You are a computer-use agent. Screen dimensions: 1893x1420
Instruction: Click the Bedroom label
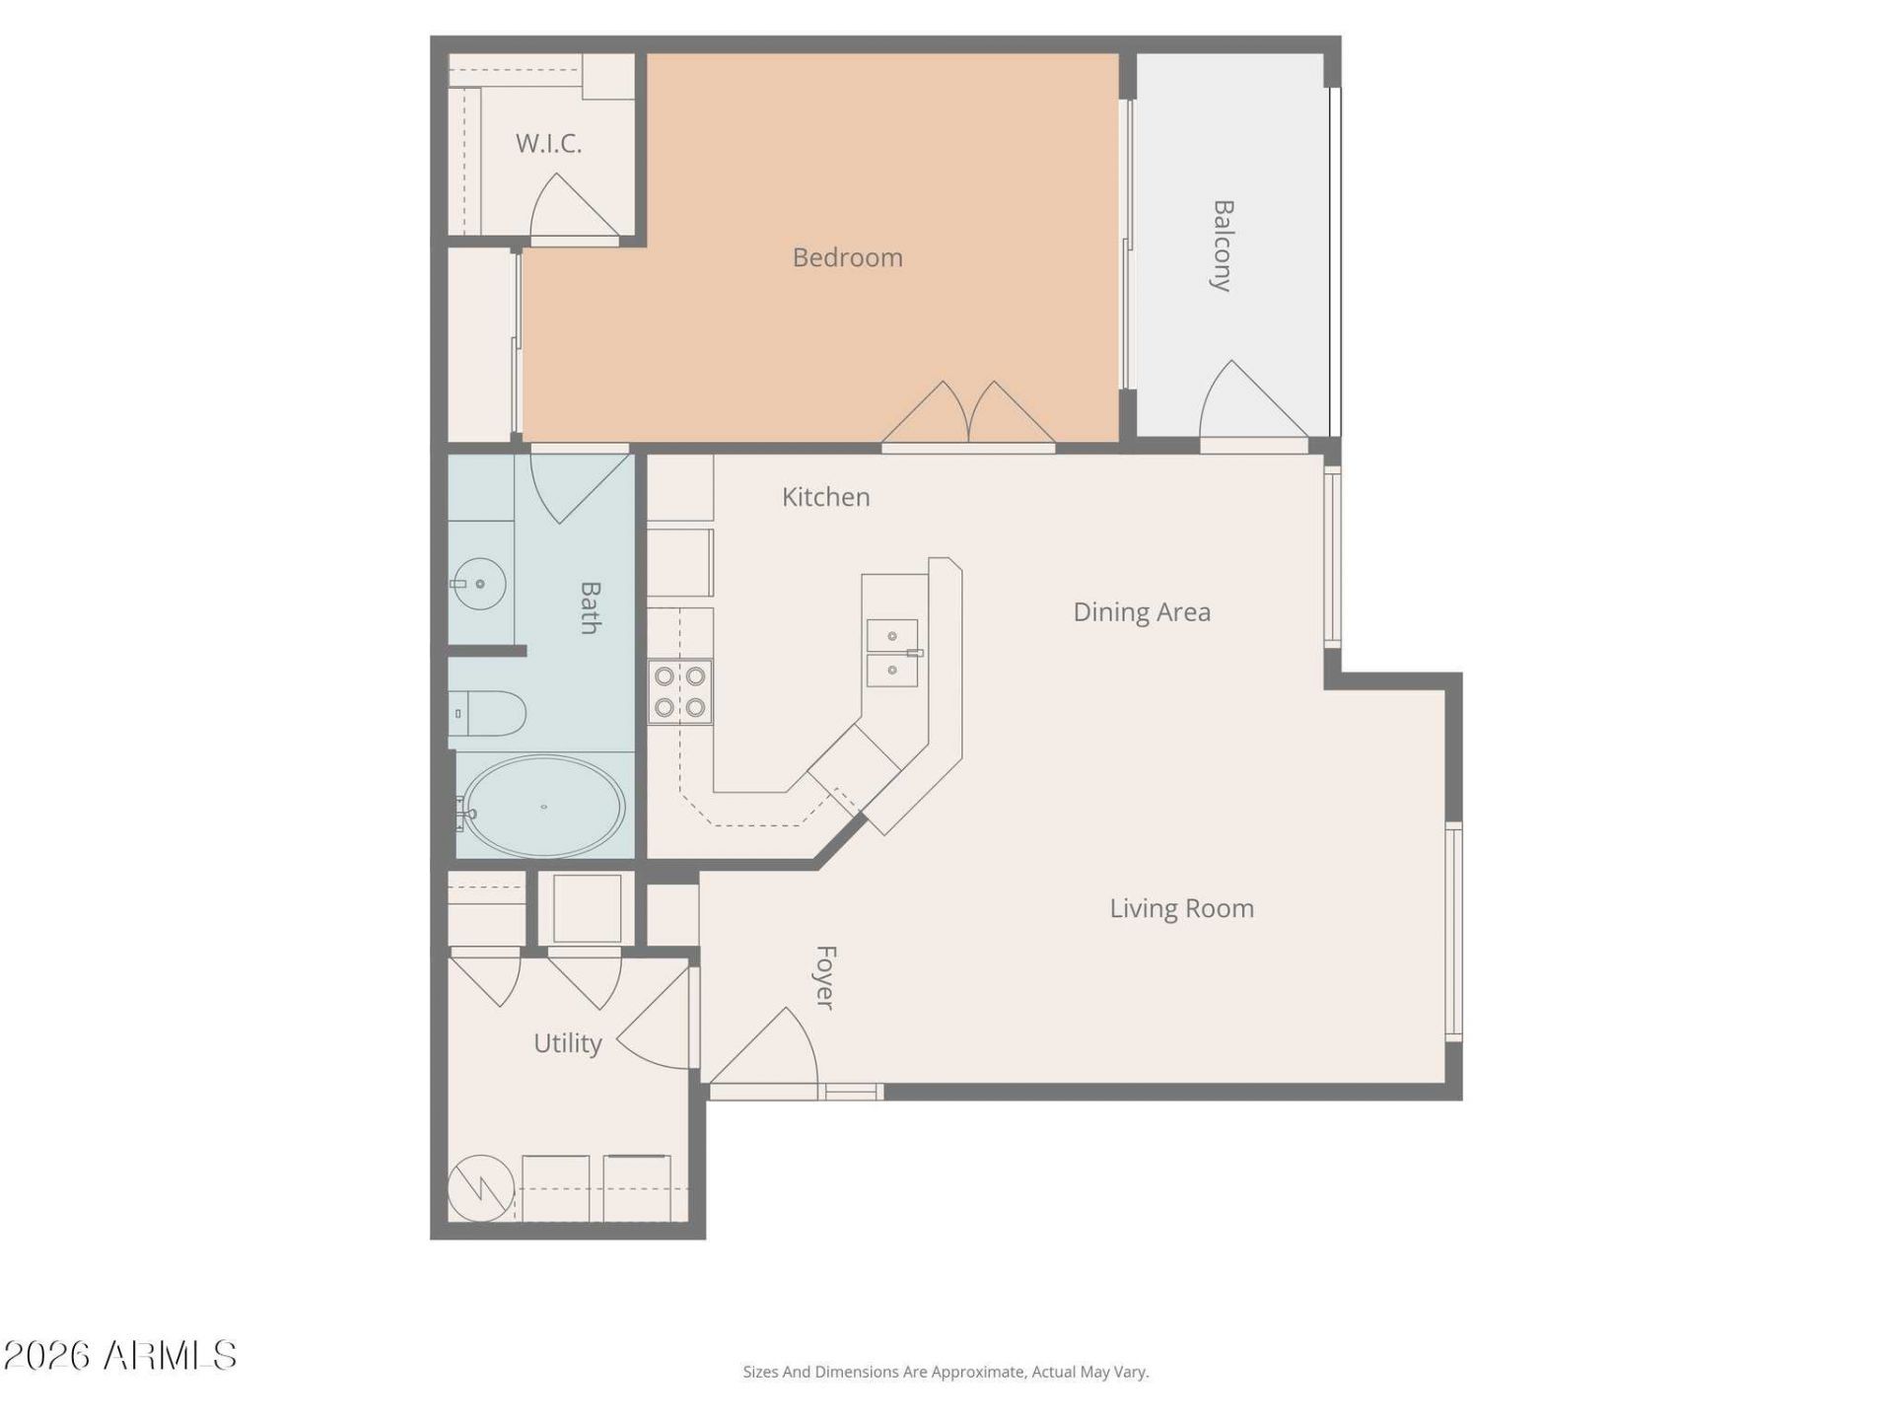point(847,257)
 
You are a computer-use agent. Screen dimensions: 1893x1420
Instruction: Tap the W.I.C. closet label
point(548,144)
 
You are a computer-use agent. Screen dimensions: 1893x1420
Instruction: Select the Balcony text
point(1223,246)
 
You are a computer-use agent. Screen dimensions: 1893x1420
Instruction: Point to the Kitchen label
point(825,497)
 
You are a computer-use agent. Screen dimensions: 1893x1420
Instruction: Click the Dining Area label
point(1142,612)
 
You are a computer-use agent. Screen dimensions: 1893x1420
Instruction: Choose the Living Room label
point(1182,908)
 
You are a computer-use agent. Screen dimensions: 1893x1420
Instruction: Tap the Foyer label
point(826,977)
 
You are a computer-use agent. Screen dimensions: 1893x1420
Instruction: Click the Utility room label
point(567,1043)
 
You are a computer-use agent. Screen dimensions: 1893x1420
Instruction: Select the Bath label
point(590,607)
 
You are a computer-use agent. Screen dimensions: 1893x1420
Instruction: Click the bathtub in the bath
point(543,807)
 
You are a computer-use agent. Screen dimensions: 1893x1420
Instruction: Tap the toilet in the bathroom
point(487,714)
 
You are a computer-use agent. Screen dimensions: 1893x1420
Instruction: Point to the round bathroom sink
point(479,585)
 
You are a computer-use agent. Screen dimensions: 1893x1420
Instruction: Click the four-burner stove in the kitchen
point(680,691)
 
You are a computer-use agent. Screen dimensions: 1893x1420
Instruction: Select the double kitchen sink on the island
point(892,652)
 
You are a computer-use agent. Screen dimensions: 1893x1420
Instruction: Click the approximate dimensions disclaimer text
point(946,1372)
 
